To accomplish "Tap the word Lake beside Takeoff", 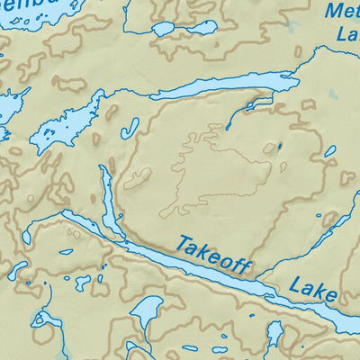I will point(313,290).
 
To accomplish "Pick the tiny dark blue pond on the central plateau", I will point(279,146).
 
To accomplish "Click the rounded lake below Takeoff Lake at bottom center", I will point(145,311).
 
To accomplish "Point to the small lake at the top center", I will point(184,28).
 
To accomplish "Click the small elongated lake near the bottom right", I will point(274,335).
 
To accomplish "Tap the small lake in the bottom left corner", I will point(40,319).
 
